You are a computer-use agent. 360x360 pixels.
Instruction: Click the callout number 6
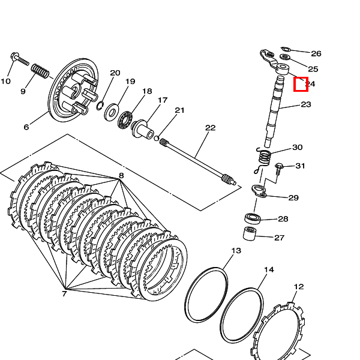(x=26, y=127)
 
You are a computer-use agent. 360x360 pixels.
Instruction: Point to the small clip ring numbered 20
(x=100, y=106)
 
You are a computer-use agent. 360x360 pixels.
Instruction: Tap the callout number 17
(x=163, y=100)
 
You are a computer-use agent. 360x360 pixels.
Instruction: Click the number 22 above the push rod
(x=210, y=128)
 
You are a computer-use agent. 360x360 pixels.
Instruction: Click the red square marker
(x=301, y=84)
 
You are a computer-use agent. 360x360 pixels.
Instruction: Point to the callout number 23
(x=306, y=104)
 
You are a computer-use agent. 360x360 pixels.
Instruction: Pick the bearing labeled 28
(x=252, y=217)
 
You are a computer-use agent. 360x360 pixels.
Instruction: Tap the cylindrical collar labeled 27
(x=251, y=233)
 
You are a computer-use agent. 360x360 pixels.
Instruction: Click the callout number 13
(x=236, y=251)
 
